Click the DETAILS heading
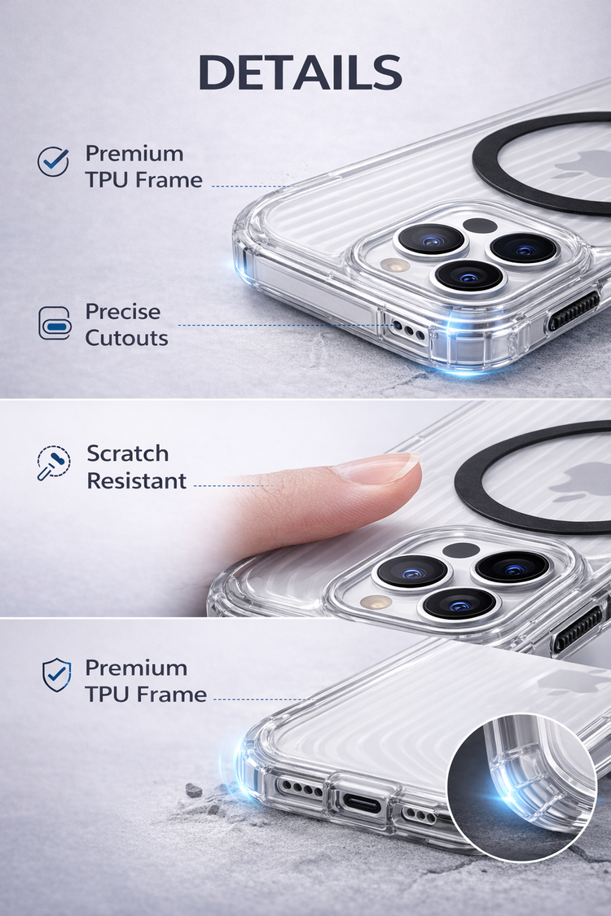click(x=300, y=72)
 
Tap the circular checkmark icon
click(x=53, y=161)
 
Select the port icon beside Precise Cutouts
click(x=55, y=322)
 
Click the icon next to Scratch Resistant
click(x=53, y=462)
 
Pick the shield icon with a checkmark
click(x=57, y=675)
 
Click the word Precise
click(x=123, y=311)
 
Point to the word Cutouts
click(x=127, y=338)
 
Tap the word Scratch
click(x=128, y=454)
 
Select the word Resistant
click(x=137, y=480)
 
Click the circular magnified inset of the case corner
click(x=521, y=787)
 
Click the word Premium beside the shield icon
click(x=136, y=668)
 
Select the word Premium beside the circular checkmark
click(x=134, y=154)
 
